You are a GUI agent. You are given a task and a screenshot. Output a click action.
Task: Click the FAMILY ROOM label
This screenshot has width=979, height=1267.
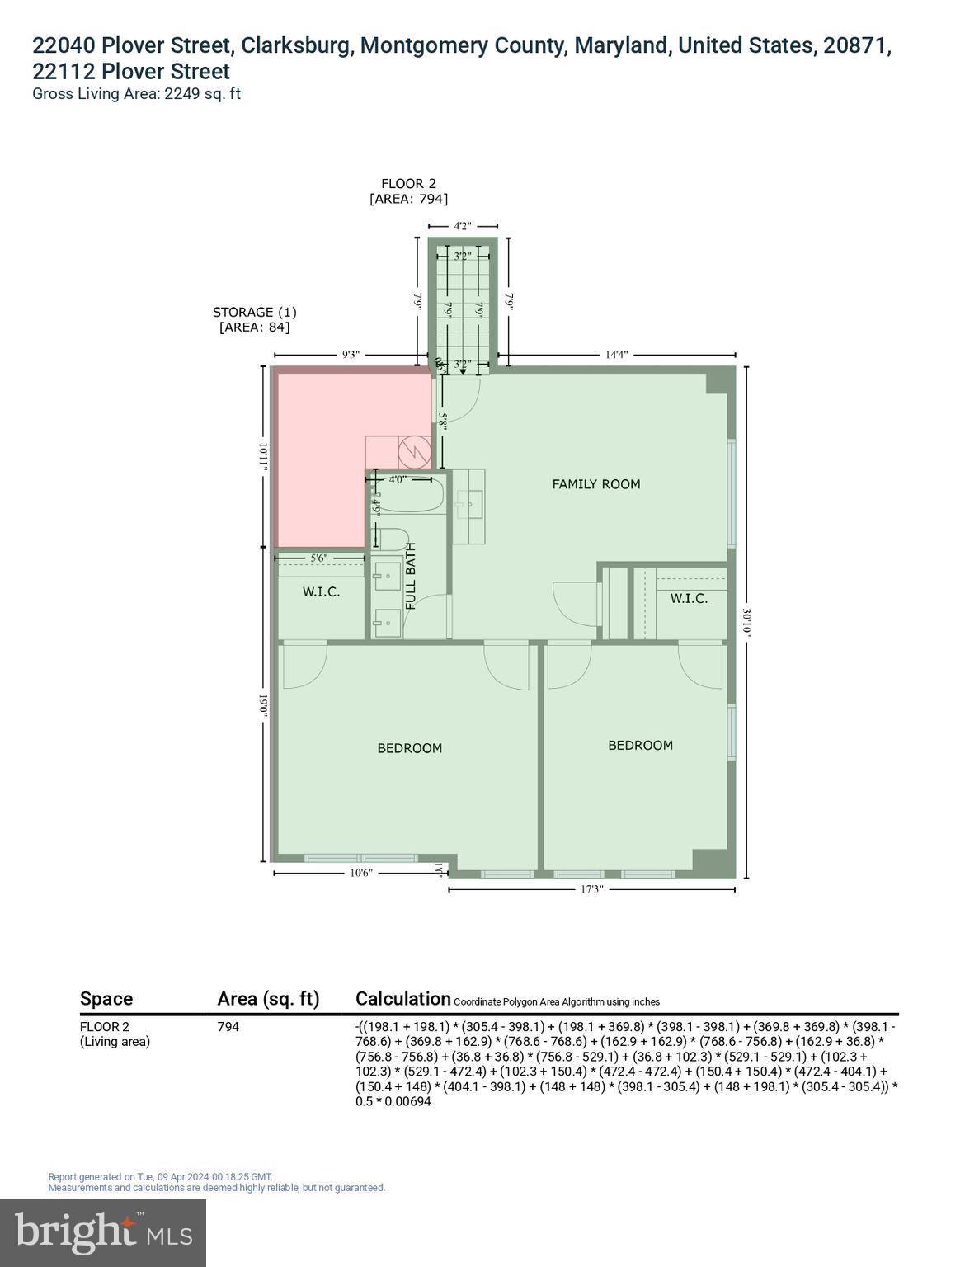[595, 484]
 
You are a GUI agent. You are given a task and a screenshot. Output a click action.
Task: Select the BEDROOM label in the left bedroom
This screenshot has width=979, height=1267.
[409, 748]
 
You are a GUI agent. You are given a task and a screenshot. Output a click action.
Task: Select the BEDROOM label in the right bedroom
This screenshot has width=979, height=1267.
[640, 745]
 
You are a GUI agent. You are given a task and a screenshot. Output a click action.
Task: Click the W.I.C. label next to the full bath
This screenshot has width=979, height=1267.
[321, 592]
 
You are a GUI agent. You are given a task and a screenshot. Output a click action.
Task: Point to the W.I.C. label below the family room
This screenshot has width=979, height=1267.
[688, 598]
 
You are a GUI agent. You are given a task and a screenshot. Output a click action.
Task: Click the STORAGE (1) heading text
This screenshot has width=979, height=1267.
[254, 312]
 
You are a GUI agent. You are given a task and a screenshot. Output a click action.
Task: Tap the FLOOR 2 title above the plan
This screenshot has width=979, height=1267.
[408, 184]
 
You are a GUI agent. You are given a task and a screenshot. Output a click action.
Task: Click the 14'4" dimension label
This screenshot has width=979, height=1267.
[616, 355]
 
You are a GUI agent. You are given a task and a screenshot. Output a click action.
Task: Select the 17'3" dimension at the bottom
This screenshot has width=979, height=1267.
[591, 889]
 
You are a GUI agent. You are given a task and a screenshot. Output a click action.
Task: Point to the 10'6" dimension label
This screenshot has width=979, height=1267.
[360, 873]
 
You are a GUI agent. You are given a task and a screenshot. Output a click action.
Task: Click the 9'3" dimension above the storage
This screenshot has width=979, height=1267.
[351, 355]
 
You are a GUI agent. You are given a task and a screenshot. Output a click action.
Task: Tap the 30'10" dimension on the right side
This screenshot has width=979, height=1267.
[746, 622]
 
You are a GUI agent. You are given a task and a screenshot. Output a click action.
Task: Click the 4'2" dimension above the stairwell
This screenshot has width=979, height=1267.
[463, 225]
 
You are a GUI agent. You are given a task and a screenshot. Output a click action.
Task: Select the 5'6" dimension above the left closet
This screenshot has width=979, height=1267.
[319, 558]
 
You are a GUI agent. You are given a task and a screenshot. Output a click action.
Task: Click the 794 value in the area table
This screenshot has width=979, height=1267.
[228, 1027]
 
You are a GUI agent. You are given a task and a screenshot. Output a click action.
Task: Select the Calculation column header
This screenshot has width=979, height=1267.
[402, 998]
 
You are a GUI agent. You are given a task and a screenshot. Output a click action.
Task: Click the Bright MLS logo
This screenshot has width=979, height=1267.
[103, 1232]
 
